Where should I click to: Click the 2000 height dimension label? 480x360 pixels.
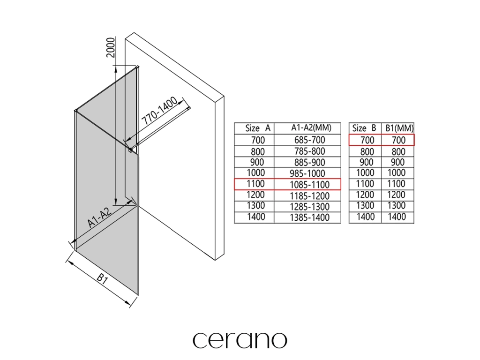click(x=111, y=47)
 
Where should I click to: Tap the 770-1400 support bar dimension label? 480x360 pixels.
click(x=160, y=111)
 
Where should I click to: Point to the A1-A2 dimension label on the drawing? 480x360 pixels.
click(x=99, y=217)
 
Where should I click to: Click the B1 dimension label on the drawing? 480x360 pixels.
click(x=102, y=279)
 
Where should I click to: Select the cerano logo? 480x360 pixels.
click(x=240, y=340)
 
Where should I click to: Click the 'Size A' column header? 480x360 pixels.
click(x=258, y=128)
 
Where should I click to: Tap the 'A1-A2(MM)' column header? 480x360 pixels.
click(x=311, y=127)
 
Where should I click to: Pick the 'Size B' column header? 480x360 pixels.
click(x=364, y=128)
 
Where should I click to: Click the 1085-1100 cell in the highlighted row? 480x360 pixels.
click(x=309, y=185)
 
